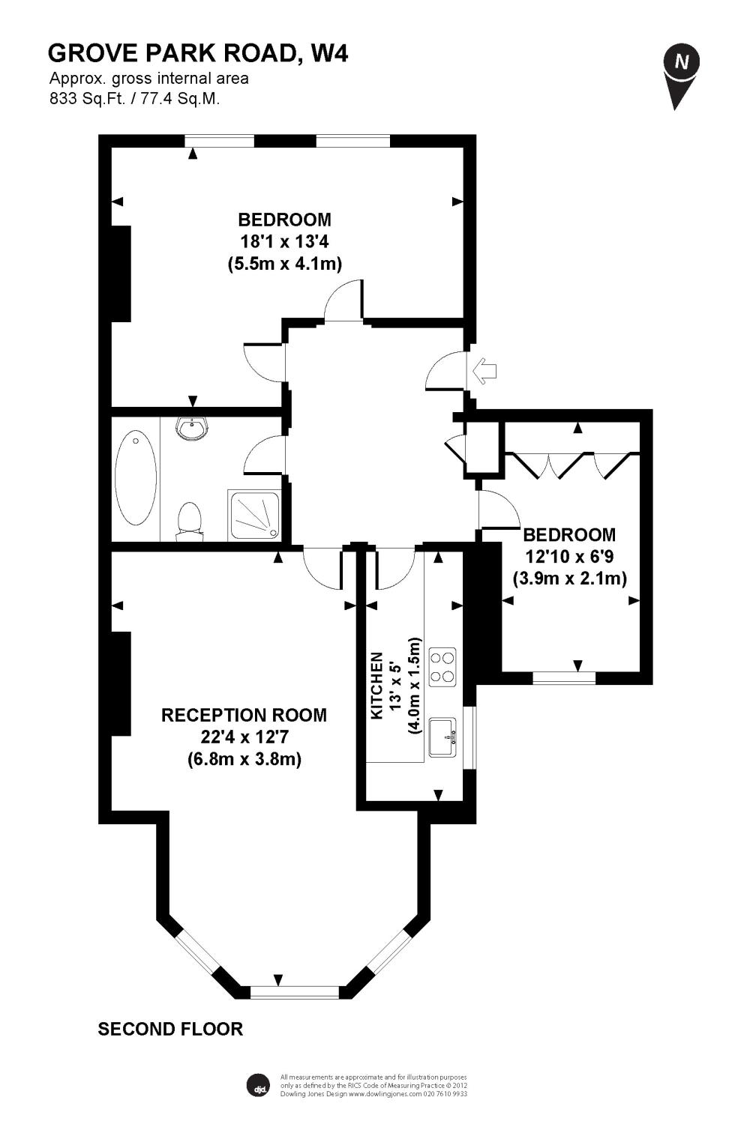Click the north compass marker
[681, 75]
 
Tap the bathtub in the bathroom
[136, 477]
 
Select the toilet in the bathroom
[190, 522]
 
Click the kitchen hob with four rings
[442, 667]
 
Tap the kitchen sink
[442, 737]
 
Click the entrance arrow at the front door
[484, 372]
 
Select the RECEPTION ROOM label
[244, 715]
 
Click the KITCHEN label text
[376, 686]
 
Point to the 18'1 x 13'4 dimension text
[284, 242]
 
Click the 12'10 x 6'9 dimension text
[570, 557]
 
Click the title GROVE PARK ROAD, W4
[198, 53]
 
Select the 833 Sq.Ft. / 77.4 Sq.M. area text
[135, 98]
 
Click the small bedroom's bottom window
[564, 678]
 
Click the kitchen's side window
[469, 737]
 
